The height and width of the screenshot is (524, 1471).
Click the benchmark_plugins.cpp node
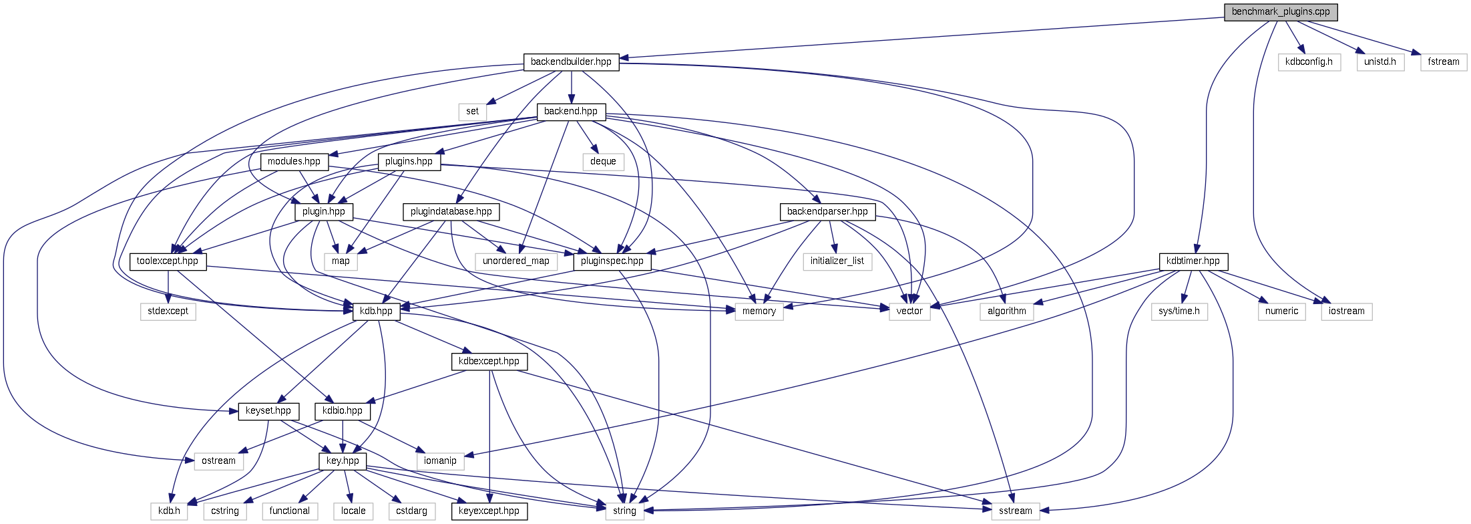pyautogui.click(x=1280, y=12)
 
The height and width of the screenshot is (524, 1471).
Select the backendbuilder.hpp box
pyautogui.click(x=571, y=62)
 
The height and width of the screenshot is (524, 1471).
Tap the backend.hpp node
pyautogui.click(x=571, y=112)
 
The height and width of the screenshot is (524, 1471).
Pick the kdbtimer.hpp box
pyautogui.click(x=1193, y=261)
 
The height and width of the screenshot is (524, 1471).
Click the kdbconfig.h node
pyautogui.click(x=1309, y=62)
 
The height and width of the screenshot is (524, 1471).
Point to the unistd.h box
pyautogui.click(x=1380, y=62)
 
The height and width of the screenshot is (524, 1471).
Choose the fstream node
pyautogui.click(x=1443, y=62)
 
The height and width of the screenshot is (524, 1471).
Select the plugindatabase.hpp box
pyautogui.click(x=451, y=212)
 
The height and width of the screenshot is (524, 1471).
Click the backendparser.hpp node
pyautogui.click(x=827, y=212)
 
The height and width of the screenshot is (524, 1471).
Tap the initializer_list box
pyautogui.click(x=837, y=261)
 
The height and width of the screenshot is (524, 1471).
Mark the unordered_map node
pyautogui.click(x=515, y=261)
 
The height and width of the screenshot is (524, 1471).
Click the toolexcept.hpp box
pyautogui.click(x=168, y=261)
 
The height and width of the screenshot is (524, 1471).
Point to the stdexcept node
pyautogui.click(x=168, y=311)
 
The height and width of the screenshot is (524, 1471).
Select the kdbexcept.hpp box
pyautogui.click(x=489, y=362)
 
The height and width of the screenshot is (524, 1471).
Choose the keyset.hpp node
pyautogui.click(x=268, y=411)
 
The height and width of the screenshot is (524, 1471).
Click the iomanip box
pyautogui.click(x=440, y=461)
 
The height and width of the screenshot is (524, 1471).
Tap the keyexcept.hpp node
pyautogui.click(x=489, y=511)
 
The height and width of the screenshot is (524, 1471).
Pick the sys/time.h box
pyautogui.click(x=1179, y=311)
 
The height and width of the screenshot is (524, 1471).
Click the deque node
pyautogui.click(x=603, y=162)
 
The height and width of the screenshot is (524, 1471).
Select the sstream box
pyautogui.click(x=1015, y=511)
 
